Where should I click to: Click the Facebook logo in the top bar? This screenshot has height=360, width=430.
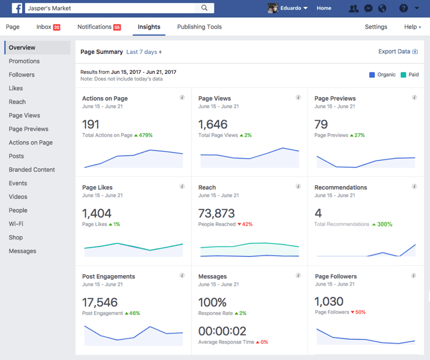click(x=17, y=8)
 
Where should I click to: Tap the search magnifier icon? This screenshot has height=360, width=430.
click(x=204, y=8)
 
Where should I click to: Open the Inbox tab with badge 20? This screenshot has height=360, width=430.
click(x=48, y=27)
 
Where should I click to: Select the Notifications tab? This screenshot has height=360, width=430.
click(x=98, y=27)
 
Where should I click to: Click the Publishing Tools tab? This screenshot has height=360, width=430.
click(x=199, y=27)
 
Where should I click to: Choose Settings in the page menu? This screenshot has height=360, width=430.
click(x=376, y=27)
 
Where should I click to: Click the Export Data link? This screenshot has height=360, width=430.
click(x=398, y=52)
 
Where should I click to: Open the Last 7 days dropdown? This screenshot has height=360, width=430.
click(x=144, y=52)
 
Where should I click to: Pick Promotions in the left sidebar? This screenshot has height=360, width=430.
click(x=24, y=61)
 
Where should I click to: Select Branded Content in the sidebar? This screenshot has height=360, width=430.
click(x=32, y=170)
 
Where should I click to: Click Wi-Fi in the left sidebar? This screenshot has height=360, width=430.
click(x=16, y=224)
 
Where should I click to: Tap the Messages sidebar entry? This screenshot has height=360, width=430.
click(x=22, y=251)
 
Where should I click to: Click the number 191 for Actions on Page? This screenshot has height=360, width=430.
click(x=91, y=124)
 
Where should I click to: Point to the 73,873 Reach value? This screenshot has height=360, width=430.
click(x=216, y=213)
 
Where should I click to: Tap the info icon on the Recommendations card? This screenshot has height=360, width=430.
click(x=414, y=187)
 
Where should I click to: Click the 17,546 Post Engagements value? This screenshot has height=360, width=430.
click(x=100, y=302)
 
